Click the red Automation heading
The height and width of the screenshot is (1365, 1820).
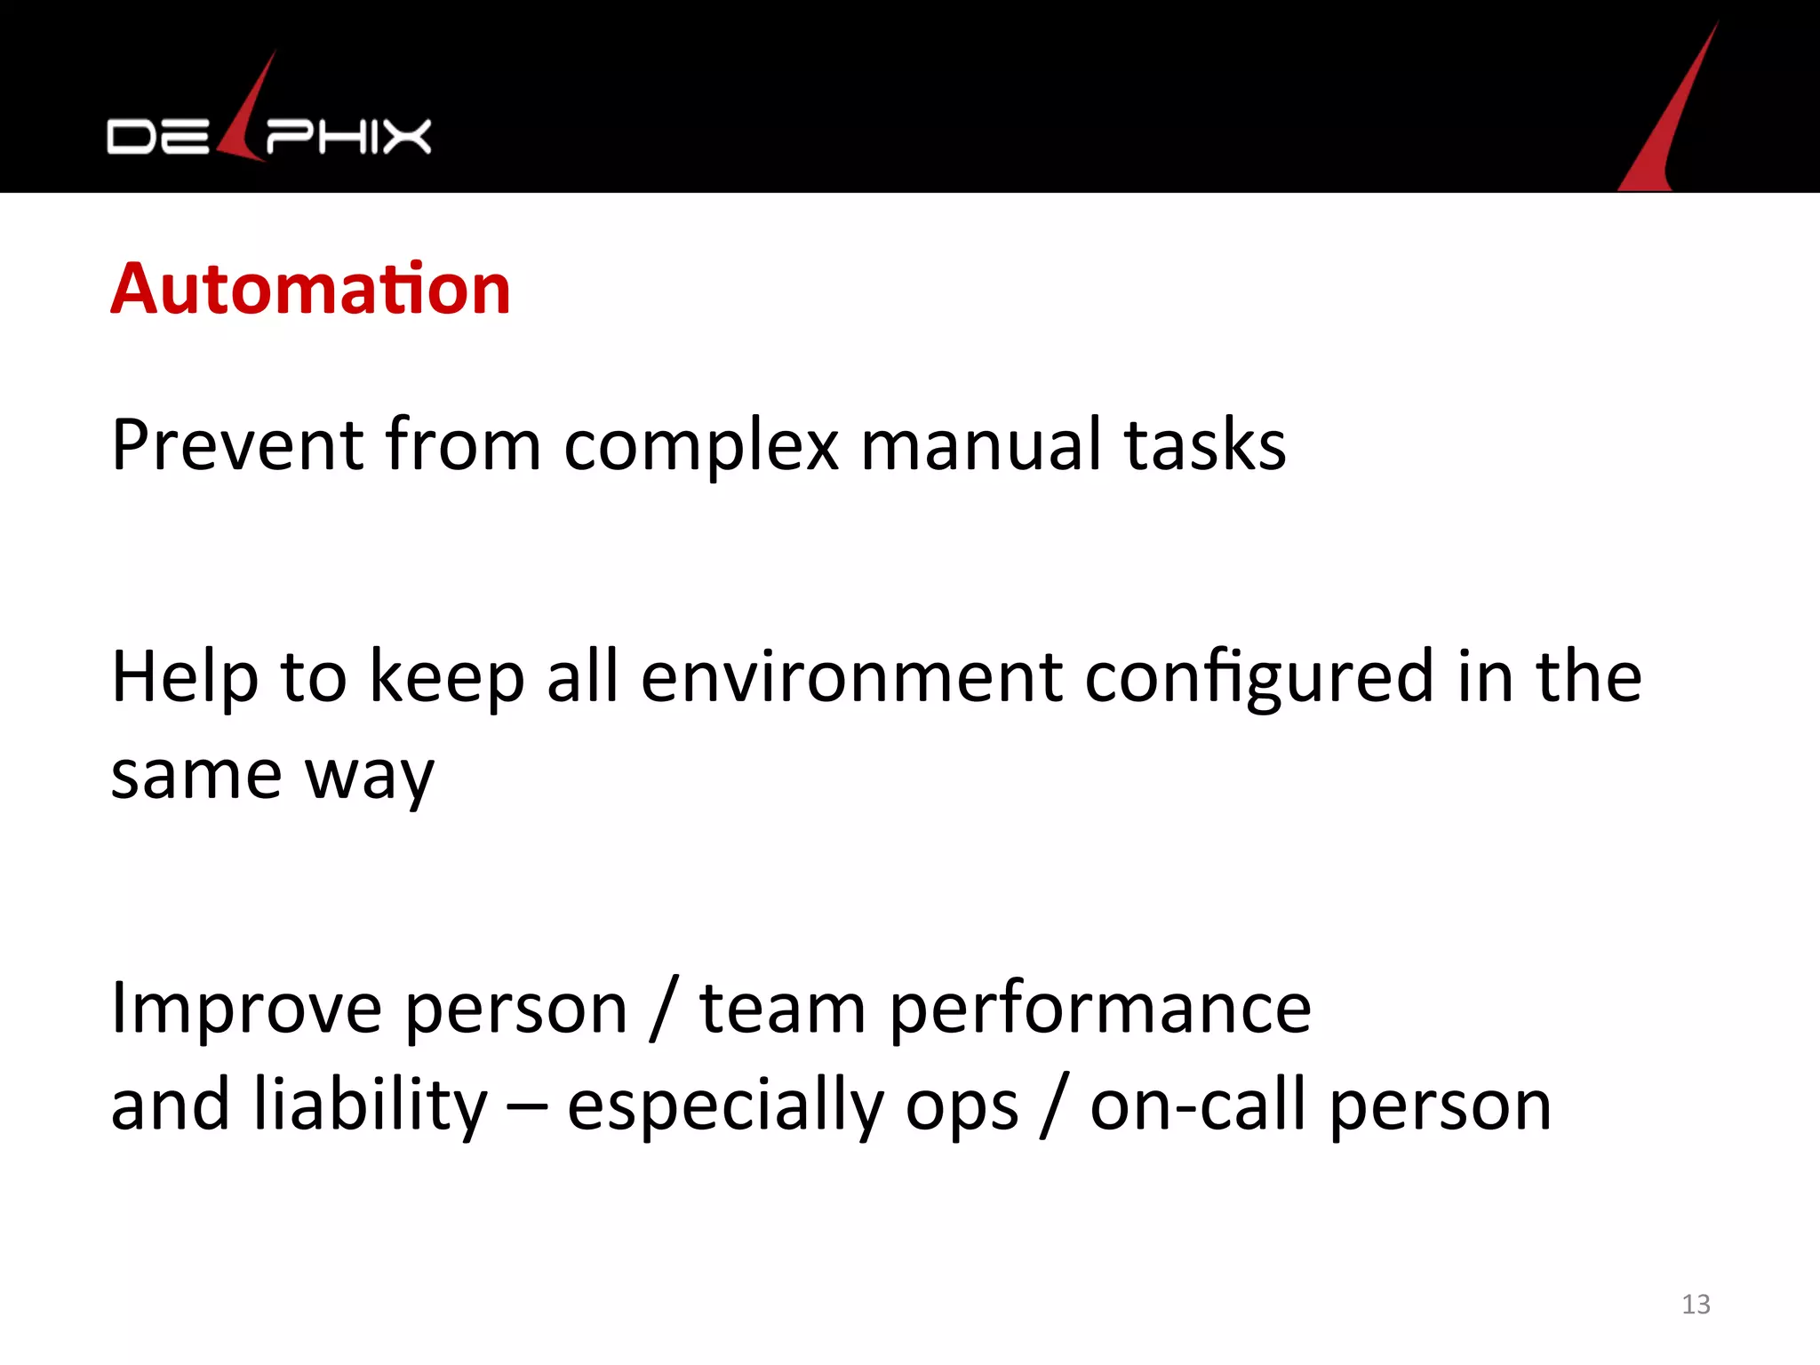coord(310,289)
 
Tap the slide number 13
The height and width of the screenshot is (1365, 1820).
coord(1696,1304)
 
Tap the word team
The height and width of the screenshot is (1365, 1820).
coord(782,1009)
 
